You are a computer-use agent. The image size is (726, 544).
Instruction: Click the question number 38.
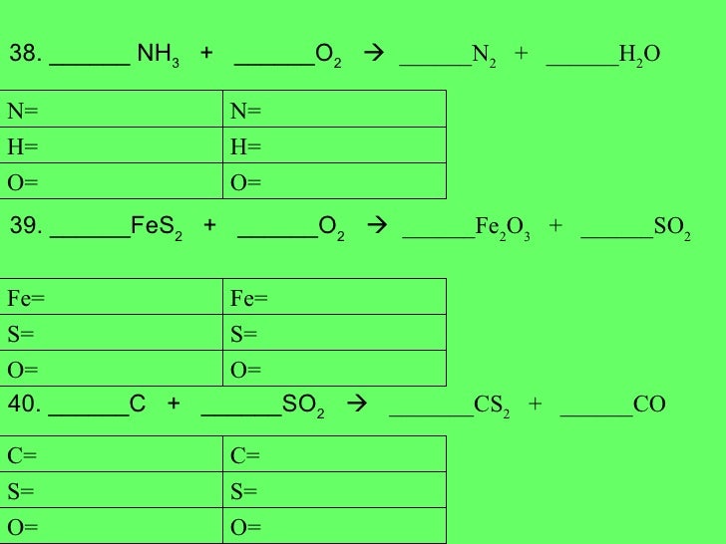[x=24, y=54]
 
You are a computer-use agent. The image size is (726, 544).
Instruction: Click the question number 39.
[x=24, y=227]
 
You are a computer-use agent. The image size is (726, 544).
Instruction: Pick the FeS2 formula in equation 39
[x=156, y=228]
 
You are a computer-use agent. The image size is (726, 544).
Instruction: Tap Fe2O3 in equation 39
[x=503, y=229]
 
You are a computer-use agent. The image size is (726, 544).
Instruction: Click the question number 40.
[x=24, y=404]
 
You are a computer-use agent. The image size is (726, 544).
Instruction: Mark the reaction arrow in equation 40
[x=355, y=405]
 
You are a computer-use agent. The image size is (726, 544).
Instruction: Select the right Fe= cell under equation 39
[x=335, y=298]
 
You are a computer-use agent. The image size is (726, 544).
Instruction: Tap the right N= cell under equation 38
[x=335, y=111]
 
